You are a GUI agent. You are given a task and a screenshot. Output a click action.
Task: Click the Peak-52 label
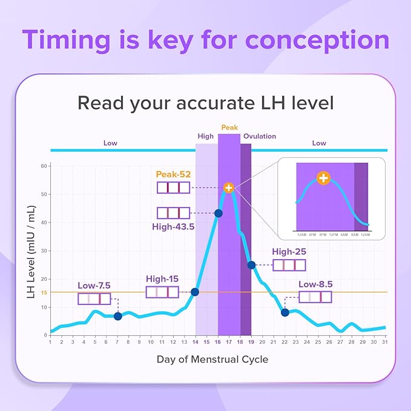click(173, 174)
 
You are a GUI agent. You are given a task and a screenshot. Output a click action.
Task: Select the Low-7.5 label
click(94, 285)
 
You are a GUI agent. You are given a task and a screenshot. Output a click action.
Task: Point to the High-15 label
click(162, 279)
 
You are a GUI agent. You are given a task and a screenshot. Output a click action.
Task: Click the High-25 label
click(289, 251)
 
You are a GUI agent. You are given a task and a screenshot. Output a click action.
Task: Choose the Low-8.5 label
click(316, 284)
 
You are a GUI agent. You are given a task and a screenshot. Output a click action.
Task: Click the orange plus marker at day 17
click(228, 188)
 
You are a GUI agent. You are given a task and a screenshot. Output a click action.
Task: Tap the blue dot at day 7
click(118, 316)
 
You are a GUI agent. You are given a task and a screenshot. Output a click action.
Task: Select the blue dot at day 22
click(285, 312)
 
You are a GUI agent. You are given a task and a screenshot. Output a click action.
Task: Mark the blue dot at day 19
click(251, 265)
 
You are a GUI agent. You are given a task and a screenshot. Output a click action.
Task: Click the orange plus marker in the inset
click(324, 179)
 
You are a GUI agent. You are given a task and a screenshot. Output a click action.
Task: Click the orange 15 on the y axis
click(44, 293)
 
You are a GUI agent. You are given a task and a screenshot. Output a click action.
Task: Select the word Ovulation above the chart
click(260, 136)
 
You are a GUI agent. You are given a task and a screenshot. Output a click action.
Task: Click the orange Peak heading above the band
click(229, 128)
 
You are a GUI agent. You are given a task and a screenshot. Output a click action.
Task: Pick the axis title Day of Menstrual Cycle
click(212, 360)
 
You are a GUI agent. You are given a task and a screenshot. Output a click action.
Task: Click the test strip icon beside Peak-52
click(173, 188)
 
